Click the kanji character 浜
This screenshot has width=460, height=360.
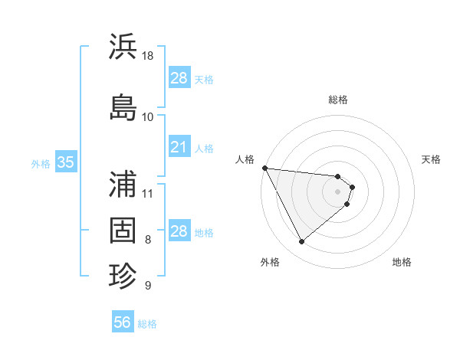click(x=123, y=47)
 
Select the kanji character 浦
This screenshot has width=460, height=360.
click(x=123, y=185)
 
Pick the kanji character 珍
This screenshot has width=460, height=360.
click(x=123, y=273)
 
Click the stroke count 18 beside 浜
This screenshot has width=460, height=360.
click(x=149, y=56)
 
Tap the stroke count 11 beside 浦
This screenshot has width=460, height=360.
click(x=148, y=193)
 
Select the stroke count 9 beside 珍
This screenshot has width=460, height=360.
click(x=148, y=286)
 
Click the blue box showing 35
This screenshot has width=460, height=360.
click(x=65, y=162)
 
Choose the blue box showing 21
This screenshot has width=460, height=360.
click(x=179, y=147)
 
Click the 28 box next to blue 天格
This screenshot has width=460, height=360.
click(x=179, y=78)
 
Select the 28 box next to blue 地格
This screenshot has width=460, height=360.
click(x=179, y=231)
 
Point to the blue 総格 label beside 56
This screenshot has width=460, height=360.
click(x=147, y=324)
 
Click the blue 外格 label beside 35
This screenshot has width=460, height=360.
click(x=41, y=163)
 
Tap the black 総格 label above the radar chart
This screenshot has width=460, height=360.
click(x=338, y=100)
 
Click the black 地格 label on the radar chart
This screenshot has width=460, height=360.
click(x=402, y=262)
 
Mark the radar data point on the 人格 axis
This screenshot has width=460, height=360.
click(x=264, y=168)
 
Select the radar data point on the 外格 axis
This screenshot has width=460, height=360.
click(x=301, y=242)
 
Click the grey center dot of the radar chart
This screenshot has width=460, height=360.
click(x=338, y=191)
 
